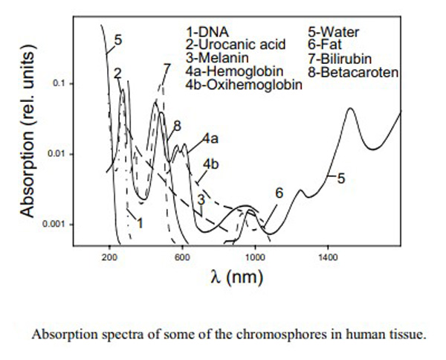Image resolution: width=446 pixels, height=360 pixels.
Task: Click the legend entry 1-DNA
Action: tap(207, 32)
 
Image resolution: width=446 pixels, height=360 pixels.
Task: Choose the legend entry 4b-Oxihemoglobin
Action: tap(244, 85)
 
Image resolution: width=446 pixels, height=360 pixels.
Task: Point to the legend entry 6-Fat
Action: tap(325, 45)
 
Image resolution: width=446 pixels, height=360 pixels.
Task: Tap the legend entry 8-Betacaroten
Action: tap(353, 72)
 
